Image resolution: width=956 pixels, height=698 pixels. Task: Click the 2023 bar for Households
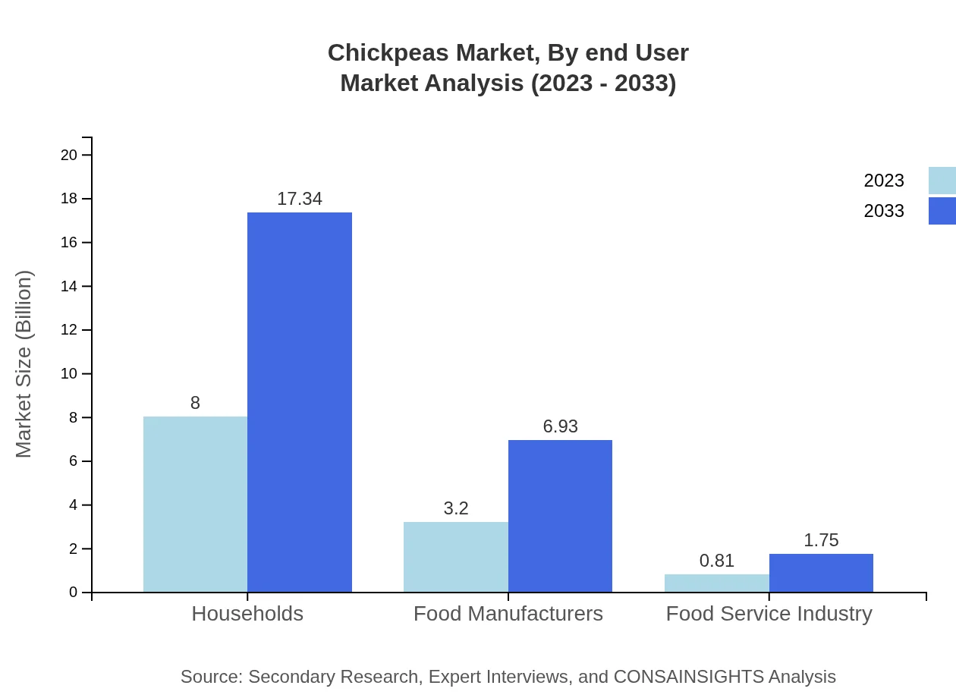click(195, 505)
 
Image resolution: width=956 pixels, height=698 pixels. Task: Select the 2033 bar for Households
click(300, 402)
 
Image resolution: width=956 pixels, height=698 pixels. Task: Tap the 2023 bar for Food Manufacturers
click(455, 557)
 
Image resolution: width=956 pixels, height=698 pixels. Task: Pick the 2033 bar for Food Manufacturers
click(560, 516)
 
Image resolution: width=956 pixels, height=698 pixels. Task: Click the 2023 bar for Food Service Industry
click(716, 583)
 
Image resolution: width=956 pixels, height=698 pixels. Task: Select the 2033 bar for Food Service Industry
click(821, 573)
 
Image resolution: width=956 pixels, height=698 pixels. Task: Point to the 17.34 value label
click(300, 199)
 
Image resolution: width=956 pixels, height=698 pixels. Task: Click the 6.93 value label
click(560, 426)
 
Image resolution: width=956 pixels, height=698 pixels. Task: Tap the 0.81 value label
click(716, 561)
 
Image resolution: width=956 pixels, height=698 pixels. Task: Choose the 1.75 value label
click(821, 540)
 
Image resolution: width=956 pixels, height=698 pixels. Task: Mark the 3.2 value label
click(455, 508)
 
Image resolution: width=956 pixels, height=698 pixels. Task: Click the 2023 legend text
click(884, 181)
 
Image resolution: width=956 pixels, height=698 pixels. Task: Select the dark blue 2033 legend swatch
click(942, 211)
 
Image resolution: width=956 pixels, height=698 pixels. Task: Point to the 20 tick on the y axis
click(69, 155)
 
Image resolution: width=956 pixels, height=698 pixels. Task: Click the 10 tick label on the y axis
click(69, 374)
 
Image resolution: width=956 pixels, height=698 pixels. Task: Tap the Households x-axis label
click(247, 613)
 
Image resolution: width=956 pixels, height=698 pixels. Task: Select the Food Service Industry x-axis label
click(769, 613)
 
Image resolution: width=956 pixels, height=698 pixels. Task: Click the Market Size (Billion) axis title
click(24, 364)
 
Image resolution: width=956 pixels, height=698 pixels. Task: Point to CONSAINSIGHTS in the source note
click(688, 676)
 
